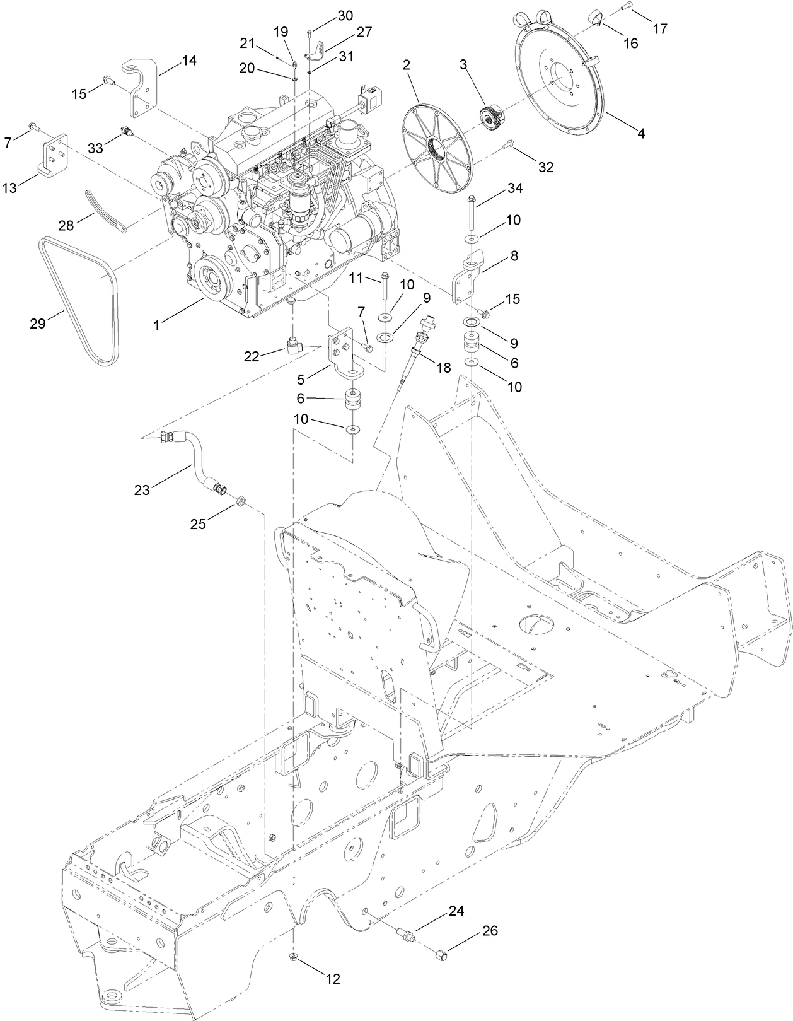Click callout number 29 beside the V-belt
pyautogui.click(x=38, y=324)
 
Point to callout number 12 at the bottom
pyautogui.click(x=332, y=979)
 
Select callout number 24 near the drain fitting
pyautogui.click(x=456, y=911)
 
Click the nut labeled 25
pyautogui.click(x=241, y=502)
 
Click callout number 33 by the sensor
pyautogui.click(x=95, y=148)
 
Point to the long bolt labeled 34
pyautogui.click(x=472, y=214)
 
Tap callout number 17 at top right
pyautogui.click(x=660, y=28)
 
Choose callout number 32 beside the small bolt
pyautogui.click(x=545, y=167)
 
